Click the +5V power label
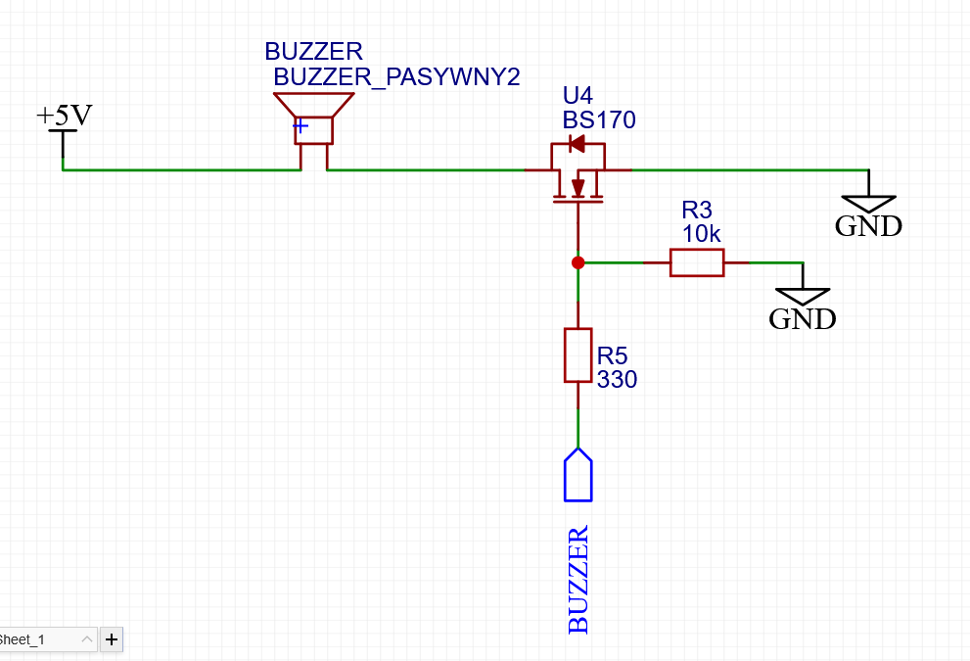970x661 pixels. (65, 116)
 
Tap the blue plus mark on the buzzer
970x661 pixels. (300, 125)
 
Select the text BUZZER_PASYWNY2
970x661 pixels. (396, 77)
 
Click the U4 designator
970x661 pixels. (577, 95)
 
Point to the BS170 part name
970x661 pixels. (599, 119)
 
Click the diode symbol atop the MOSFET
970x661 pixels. (577, 144)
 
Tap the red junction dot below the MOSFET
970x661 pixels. (577, 263)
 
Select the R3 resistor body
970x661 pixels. (697, 263)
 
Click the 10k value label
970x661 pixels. (702, 234)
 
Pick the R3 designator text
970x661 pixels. (697, 210)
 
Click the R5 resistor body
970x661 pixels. (577, 355)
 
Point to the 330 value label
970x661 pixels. (617, 379)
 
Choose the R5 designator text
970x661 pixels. (612, 355)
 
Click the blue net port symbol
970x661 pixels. (577, 475)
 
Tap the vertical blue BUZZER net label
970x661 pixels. (577, 580)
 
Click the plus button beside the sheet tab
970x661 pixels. (112, 639)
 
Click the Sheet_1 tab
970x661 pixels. (46, 639)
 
